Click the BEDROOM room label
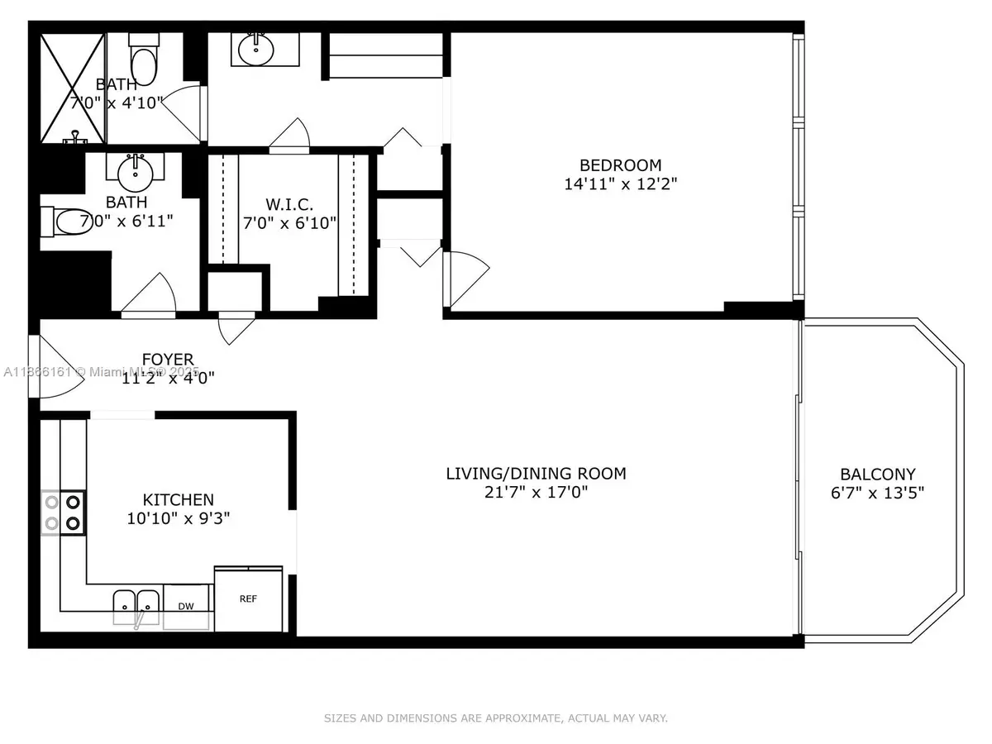[x=620, y=165]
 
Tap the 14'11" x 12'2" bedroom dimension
[x=620, y=184]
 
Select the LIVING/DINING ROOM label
[x=536, y=474]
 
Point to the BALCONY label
[x=877, y=475]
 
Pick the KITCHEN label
[x=178, y=500]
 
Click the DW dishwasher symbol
[x=187, y=607]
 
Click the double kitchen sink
[x=136, y=602]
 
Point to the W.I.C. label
[x=289, y=204]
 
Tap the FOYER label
[x=168, y=360]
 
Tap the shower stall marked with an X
[x=72, y=87]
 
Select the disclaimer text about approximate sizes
[x=495, y=718]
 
